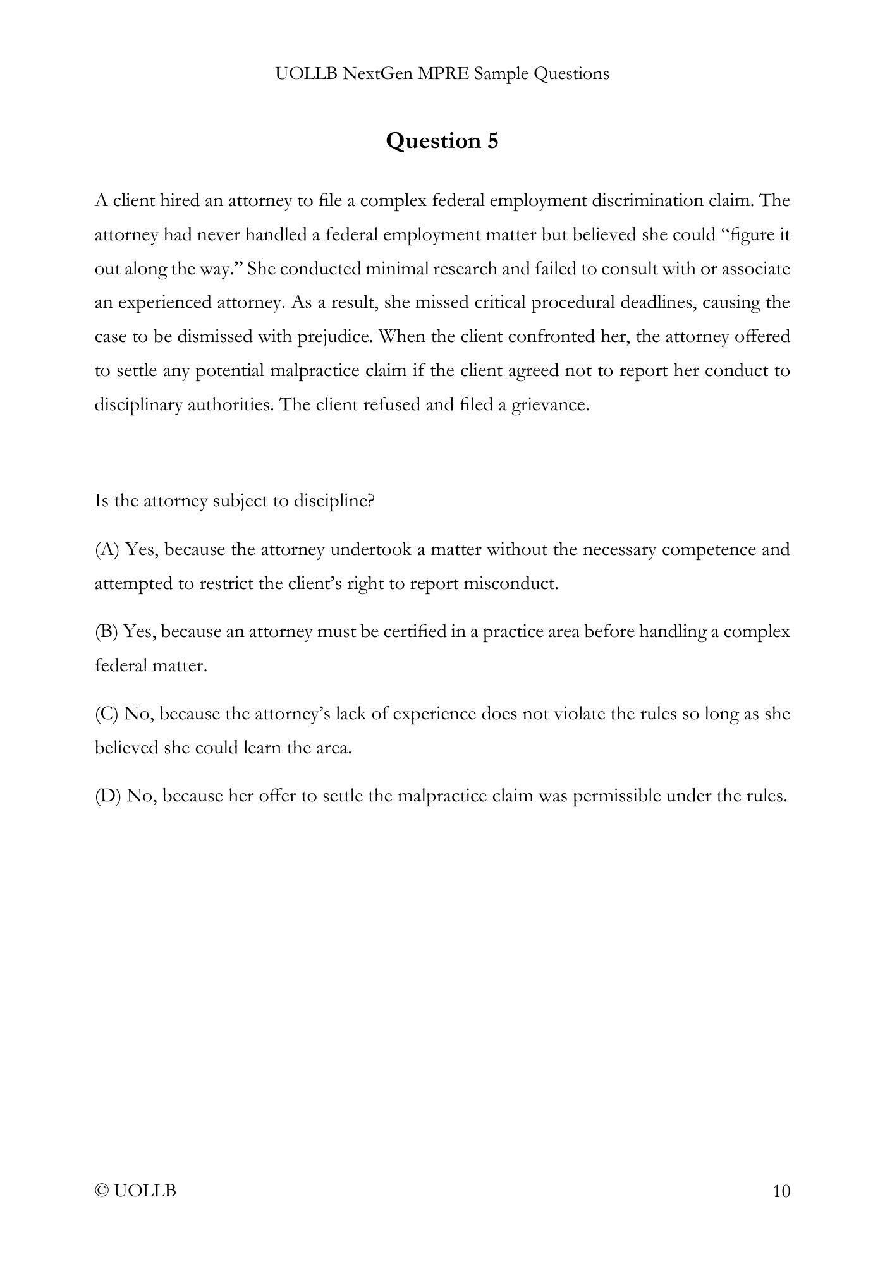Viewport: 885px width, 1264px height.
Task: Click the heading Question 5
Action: coord(442,140)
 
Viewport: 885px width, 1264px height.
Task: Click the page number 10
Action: coord(781,1191)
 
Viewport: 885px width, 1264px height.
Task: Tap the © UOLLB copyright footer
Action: coord(135,1191)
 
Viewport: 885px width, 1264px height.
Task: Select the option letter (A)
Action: coord(107,549)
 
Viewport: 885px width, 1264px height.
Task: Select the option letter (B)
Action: coord(106,631)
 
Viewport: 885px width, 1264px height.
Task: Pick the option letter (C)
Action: coord(106,714)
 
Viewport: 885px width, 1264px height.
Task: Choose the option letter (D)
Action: coord(107,796)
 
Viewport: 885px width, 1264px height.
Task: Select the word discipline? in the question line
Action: coord(334,501)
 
